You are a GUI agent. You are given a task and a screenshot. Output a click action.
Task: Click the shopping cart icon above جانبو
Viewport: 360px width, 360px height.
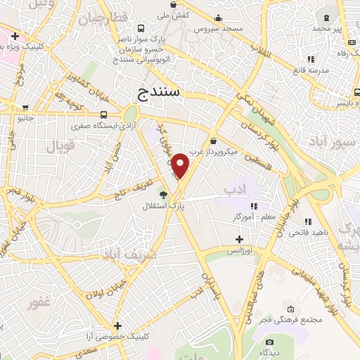[26, 108]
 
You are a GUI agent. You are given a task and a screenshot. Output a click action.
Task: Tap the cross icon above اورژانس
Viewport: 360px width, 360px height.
[239, 240]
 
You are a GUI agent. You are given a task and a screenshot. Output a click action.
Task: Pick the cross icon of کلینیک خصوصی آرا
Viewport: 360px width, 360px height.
[117, 326]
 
